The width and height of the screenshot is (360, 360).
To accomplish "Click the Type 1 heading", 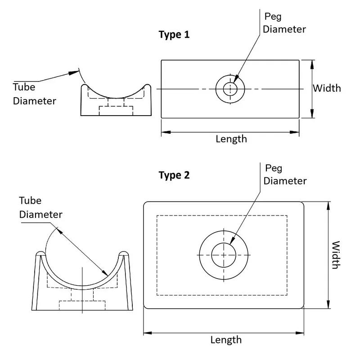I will [174, 35].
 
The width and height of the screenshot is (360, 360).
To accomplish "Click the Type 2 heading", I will [174, 175].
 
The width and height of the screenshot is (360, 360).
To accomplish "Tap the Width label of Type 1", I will [327, 88].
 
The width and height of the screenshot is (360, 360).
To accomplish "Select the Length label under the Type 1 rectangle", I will [231, 139].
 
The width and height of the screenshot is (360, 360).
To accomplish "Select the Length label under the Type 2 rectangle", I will [226, 340].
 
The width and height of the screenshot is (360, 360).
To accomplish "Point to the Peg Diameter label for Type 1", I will [284, 24].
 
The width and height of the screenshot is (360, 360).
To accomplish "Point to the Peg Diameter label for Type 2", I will [285, 175].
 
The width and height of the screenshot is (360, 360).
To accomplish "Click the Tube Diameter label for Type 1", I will [34, 94].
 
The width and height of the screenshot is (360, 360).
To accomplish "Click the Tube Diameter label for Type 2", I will [40, 208].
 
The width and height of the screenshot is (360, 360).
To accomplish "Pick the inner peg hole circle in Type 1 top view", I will [230, 89].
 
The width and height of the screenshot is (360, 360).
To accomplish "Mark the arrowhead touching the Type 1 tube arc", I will [73, 72].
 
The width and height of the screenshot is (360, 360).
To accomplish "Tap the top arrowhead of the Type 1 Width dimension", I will [312, 63].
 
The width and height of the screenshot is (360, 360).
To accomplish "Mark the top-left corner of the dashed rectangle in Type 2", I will [157, 216].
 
